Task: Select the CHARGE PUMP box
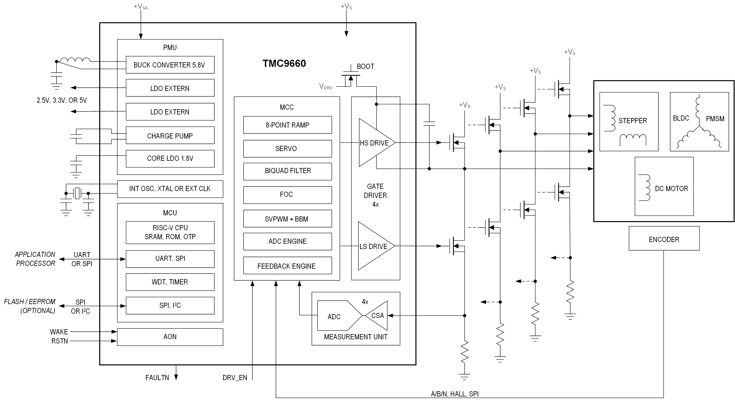(x=170, y=136)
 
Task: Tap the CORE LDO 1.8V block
(x=170, y=158)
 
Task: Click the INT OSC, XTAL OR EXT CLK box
(x=170, y=189)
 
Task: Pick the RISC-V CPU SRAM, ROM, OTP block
(x=170, y=232)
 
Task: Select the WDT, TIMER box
(x=170, y=282)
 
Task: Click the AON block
(x=170, y=337)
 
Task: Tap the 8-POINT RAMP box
(x=287, y=125)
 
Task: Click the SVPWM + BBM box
(x=287, y=219)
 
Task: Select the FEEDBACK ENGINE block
(x=287, y=266)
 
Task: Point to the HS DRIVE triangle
(x=374, y=143)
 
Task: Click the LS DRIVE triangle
(x=373, y=246)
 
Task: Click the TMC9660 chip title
(x=284, y=63)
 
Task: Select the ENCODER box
(x=664, y=239)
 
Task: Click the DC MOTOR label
(x=671, y=189)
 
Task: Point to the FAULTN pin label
(x=157, y=378)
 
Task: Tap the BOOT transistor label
(x=365, y=66)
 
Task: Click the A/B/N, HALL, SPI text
(x=455, y=394)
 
